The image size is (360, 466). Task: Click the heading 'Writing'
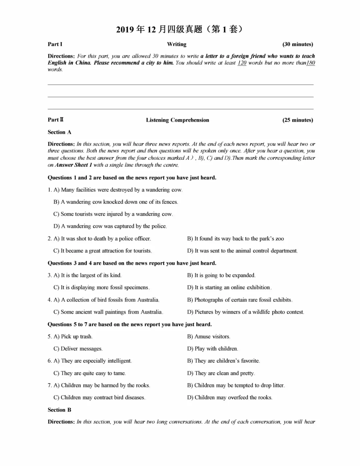(177, 44)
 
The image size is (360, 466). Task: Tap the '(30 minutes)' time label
(297, 44)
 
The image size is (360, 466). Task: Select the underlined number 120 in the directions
(242, 63)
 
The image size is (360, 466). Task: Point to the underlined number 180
(310, 63)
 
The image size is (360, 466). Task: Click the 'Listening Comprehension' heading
(177, 120)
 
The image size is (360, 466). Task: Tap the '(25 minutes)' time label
(297, 120)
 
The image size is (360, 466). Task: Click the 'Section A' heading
(59, 132)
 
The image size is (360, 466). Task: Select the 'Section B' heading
(59, 410)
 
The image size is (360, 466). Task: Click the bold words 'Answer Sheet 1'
(73, 165)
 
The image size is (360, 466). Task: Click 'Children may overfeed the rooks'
(230, 398)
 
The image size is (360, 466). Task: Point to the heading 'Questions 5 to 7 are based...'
(130, 324)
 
